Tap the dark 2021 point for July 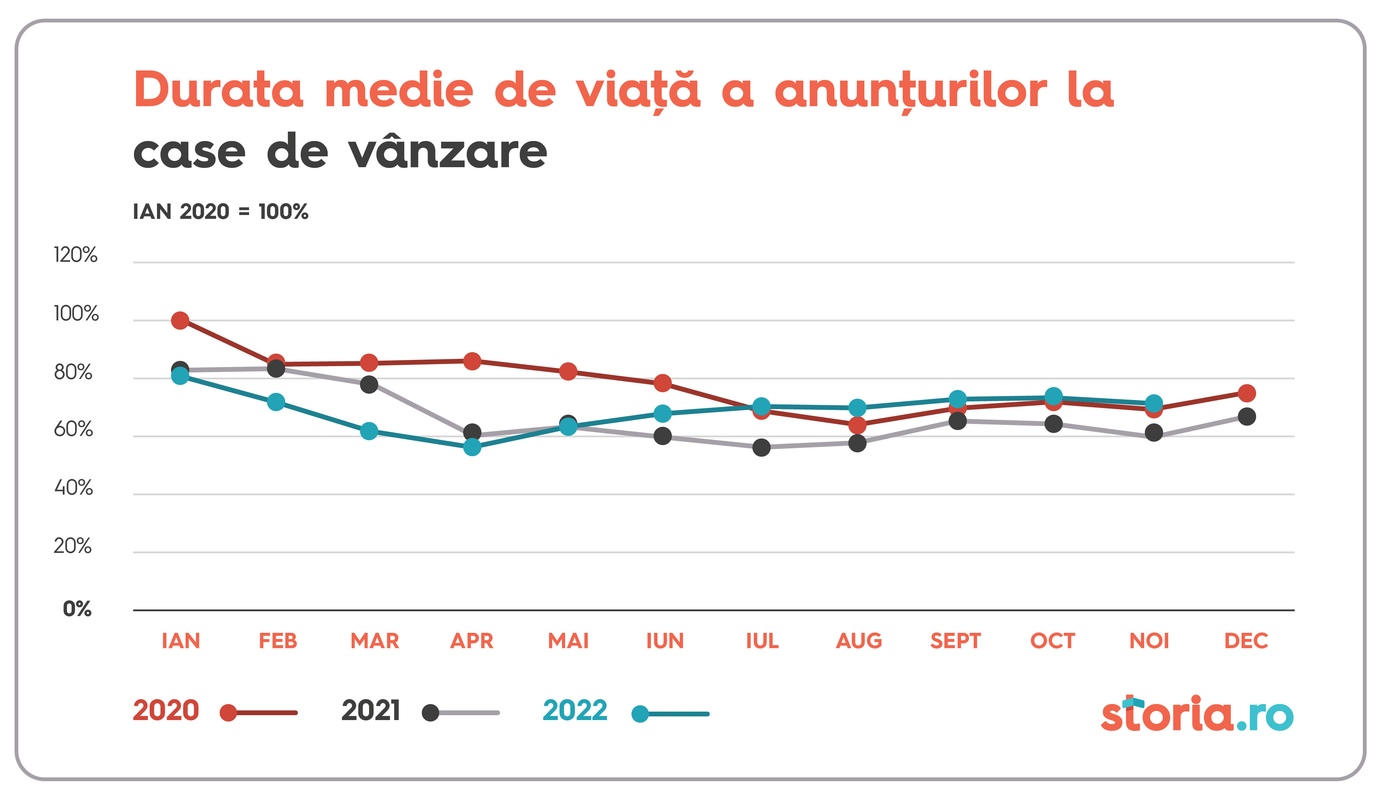[761, 447]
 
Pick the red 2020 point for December [1247, 393]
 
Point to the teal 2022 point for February [276, 402]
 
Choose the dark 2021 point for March [369, 384]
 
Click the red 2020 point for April [472, 361]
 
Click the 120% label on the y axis [76, 255]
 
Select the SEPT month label [956, 640]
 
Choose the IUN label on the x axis [665, 640]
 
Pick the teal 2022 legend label [575, 711]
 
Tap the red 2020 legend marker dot [228, 713]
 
